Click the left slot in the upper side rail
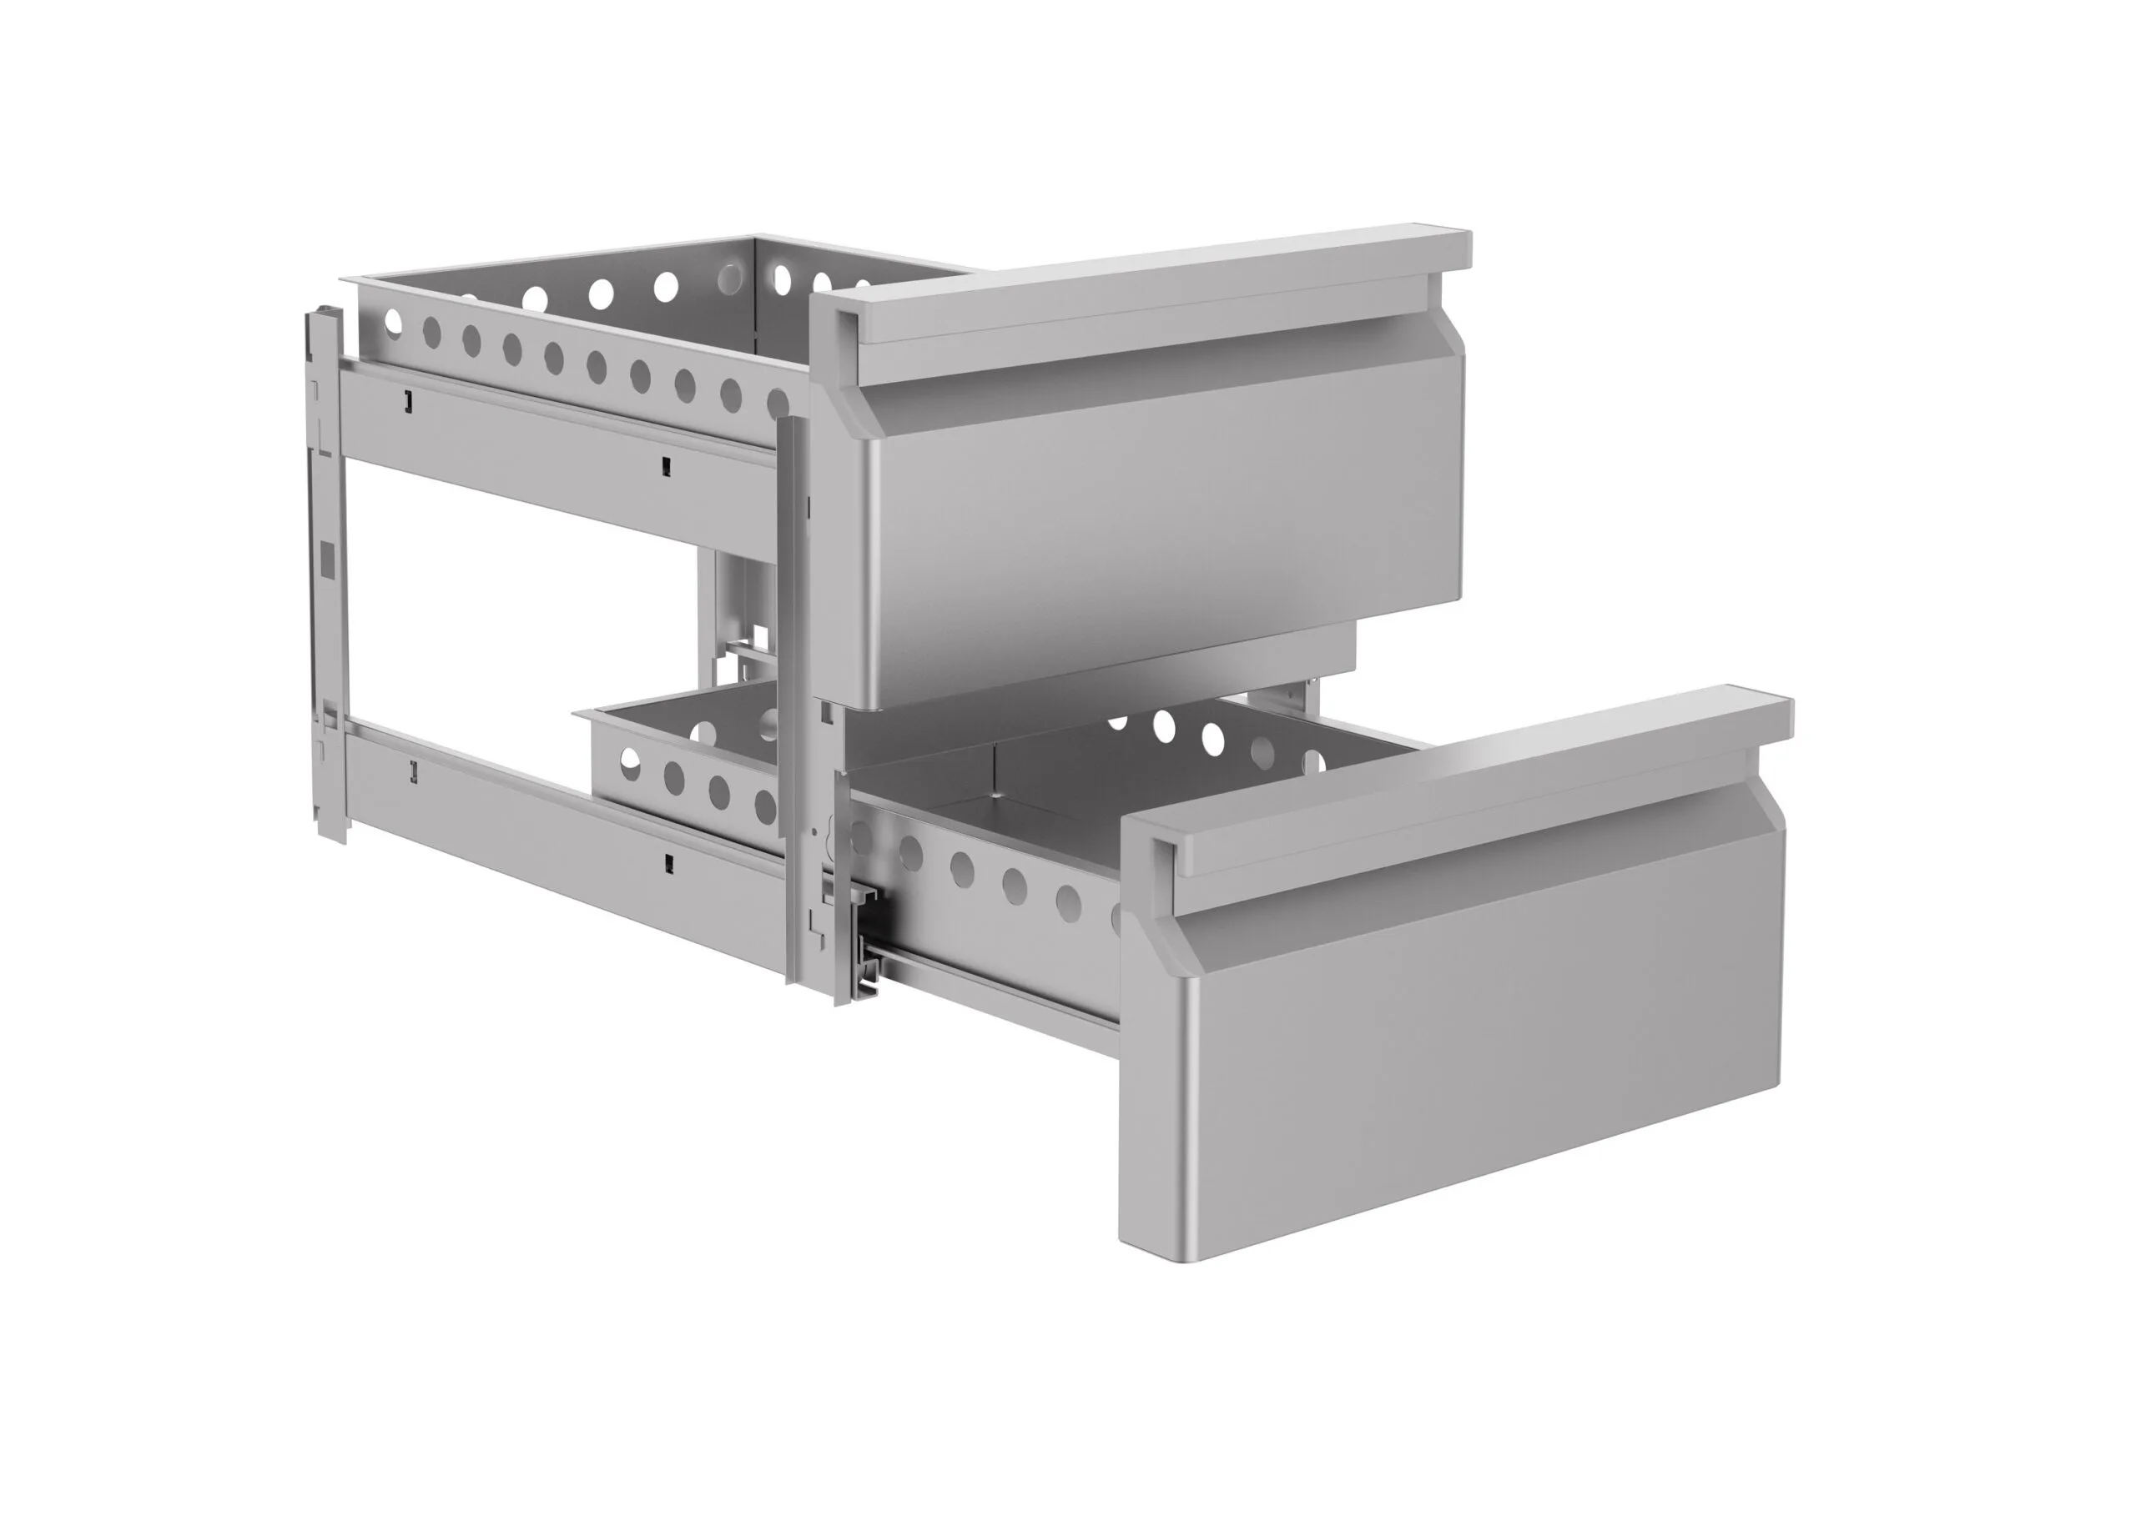407,401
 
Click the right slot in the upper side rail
665,464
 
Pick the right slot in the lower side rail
668,861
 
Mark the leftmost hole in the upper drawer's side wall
392,322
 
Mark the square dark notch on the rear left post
327,558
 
